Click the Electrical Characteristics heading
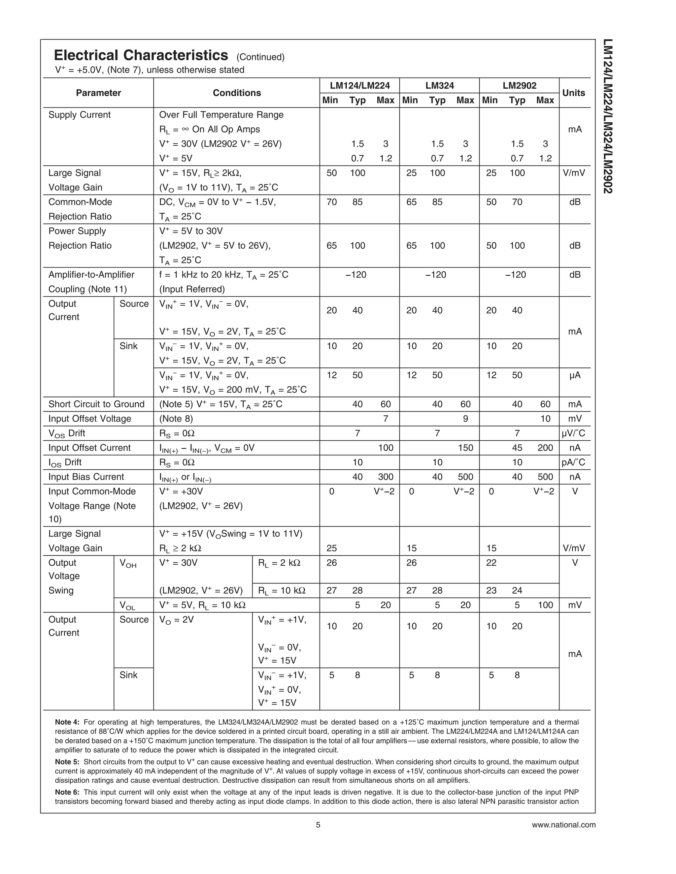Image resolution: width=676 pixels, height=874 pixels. point(141,55)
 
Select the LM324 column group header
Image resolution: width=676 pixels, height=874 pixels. point(439,85)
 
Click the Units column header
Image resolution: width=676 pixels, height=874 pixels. point(574,93)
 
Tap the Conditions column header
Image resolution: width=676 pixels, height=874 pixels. point(237,93)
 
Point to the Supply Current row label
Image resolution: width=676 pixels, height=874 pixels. point(79,115)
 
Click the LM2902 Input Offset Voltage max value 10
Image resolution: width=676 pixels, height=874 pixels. point(545,419)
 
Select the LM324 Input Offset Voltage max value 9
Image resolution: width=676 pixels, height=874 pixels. point(465,419)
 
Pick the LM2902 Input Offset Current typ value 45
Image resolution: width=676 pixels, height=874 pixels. point(517,448)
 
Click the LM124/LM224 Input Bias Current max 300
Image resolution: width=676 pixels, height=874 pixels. point(386,477)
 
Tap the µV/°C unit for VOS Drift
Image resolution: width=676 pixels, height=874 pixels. point(574,433)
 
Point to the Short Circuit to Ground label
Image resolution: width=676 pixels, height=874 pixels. point(96,404)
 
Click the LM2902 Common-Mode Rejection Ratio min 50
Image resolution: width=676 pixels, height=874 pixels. point(491,202)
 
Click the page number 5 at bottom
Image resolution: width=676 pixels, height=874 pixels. point(318,825)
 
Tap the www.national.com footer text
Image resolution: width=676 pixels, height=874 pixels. point(563,825)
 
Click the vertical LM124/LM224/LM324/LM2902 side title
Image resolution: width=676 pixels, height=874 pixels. point(608,116)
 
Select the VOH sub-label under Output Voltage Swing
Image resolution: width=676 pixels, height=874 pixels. point(128,564)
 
